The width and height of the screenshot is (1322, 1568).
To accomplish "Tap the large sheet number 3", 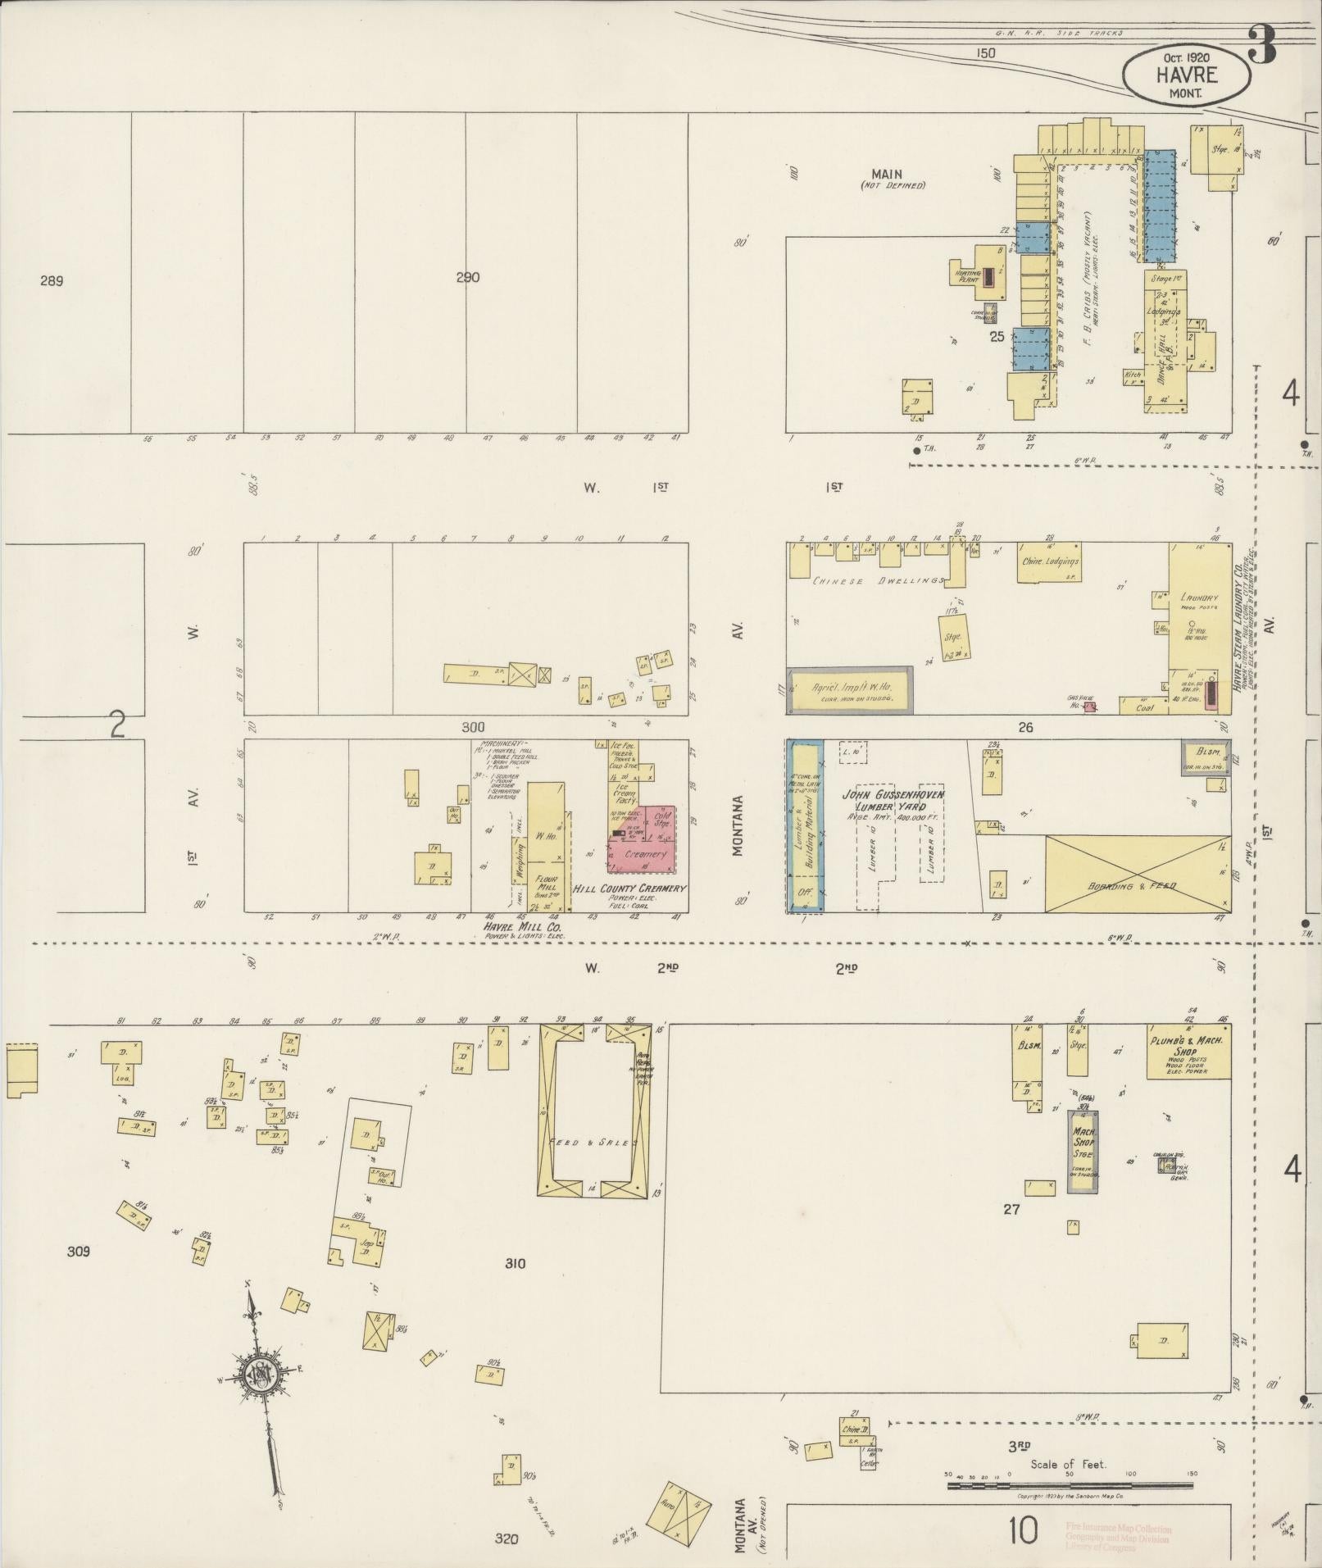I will click(x=1262, y=45).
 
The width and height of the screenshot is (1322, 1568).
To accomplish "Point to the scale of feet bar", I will click(x=1070, y=1484).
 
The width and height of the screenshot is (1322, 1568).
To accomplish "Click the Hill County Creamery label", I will click(x=629, y=889).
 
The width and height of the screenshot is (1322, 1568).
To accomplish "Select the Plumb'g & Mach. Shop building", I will click(x=1188, y=1056).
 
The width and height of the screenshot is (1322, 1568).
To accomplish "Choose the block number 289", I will click(x=51, y=280).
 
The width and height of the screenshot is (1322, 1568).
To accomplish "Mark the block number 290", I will click(x=467, y=277).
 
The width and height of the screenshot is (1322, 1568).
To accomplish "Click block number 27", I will click(x=1011, y=1208).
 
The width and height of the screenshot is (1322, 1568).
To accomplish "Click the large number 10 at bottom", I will click(x=1024, y=1529).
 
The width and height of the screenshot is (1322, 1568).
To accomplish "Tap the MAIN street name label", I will click(x=887, y=174).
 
